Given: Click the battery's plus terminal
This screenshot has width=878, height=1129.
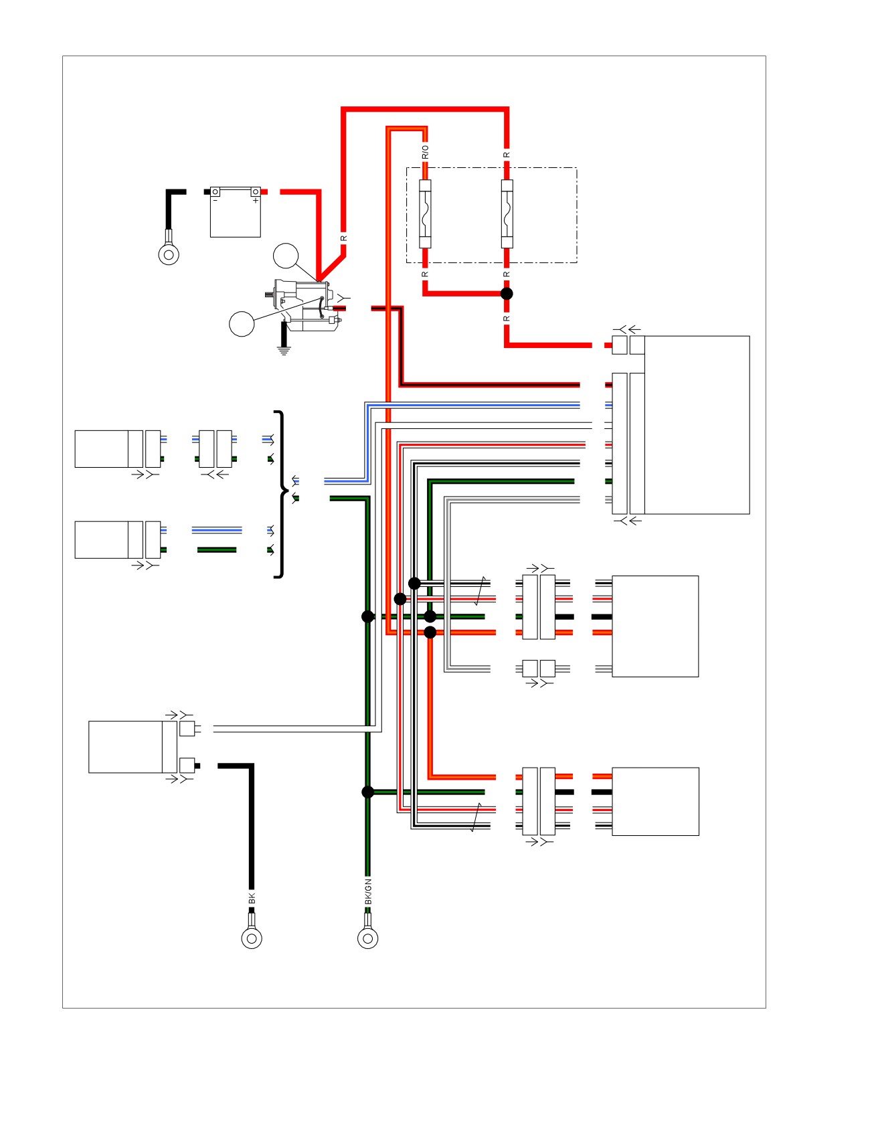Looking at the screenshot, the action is [256, 192].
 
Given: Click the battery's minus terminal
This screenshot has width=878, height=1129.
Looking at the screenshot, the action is [215, 192].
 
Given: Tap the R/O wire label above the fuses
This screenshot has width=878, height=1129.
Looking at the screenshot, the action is [425, 152].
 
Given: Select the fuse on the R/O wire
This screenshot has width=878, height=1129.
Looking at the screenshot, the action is [425, 214].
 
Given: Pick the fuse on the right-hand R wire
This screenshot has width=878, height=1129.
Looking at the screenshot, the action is [507, 214].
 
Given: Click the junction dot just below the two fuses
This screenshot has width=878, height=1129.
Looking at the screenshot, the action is [507, 294].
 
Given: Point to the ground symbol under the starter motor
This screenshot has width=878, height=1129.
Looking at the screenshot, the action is [284, 350].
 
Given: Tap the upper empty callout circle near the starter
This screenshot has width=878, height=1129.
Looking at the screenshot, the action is [286, 256].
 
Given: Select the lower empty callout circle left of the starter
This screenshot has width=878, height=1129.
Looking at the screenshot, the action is [242, 324].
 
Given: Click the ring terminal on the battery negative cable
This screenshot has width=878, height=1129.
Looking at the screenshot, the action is [169, 254].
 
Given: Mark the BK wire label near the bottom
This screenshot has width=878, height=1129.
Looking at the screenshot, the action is [252, 899].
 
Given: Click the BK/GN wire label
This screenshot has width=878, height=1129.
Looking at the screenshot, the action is [368, 892].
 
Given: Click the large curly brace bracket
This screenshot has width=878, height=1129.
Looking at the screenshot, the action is [282, 494].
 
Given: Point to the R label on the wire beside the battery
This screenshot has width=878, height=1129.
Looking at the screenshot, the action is [344, 238].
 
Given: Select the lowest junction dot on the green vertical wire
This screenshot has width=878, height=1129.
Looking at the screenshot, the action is [367, 792].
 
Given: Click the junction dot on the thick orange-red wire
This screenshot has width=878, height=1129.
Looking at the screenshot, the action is [430, 632].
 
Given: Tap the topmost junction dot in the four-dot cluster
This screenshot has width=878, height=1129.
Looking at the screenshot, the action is [414, 584].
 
